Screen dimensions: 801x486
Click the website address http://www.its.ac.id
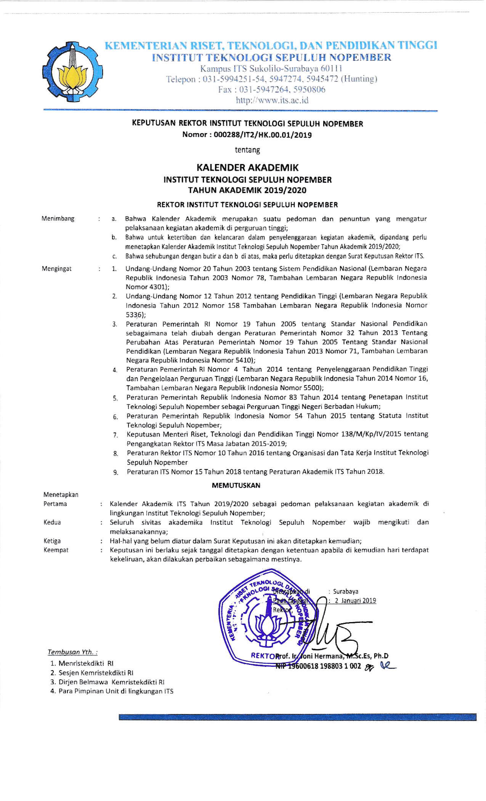272,101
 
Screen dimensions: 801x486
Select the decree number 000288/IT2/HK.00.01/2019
262,135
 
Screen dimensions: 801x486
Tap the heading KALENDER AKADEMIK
247,168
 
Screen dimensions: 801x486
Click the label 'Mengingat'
57,269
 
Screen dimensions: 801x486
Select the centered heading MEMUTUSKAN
236,485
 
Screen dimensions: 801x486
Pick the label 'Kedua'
52,522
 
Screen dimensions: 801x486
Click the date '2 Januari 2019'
355,601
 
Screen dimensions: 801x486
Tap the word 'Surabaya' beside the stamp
346,592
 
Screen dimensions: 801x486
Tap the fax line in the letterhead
272,90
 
